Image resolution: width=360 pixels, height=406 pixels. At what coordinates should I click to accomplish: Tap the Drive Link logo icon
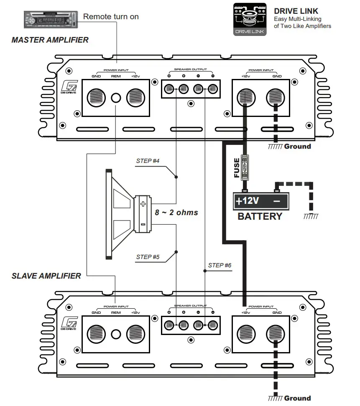250,19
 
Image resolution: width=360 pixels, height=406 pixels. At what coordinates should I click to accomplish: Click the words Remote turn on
111,17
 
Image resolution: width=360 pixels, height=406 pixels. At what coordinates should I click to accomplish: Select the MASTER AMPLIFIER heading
50,40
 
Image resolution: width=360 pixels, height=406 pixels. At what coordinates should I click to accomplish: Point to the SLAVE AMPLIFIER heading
46,276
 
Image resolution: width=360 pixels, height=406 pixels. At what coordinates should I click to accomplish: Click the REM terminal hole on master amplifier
116,98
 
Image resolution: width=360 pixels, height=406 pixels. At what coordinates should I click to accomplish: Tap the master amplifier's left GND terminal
97,98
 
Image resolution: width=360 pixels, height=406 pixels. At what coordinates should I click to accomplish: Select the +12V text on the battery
248,201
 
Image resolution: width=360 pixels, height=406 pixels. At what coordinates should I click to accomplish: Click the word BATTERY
260,216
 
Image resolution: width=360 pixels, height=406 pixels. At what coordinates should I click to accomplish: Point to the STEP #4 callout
148,161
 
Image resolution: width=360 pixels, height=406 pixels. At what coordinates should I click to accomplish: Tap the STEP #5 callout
148,257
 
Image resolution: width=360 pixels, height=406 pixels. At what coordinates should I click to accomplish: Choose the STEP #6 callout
220,265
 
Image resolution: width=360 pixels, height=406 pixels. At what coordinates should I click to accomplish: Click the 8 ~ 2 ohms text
176,212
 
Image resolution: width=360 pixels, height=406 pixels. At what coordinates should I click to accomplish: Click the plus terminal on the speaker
143,204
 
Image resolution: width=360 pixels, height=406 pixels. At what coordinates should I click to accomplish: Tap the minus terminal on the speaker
143,224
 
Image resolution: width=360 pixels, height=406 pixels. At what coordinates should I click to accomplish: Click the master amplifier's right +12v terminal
245,98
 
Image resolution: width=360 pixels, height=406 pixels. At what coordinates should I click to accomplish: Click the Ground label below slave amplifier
297,398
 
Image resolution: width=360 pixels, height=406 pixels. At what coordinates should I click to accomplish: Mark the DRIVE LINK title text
296,11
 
